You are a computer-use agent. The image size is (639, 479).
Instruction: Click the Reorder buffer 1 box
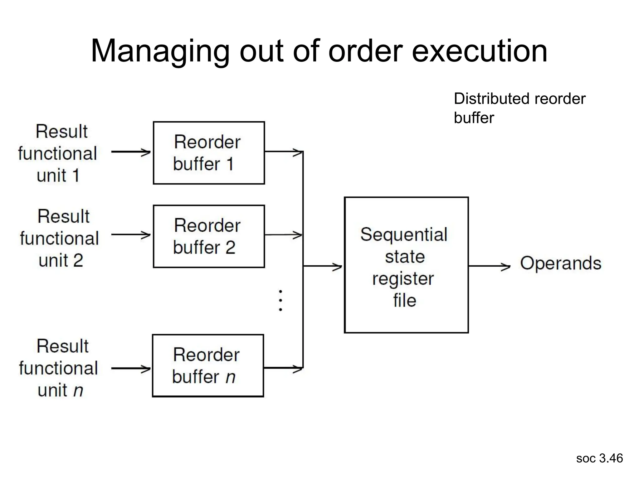click(209, 153)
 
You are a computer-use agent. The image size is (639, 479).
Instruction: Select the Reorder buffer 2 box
click(209, 236)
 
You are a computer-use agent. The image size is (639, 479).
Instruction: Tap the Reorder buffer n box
click(208, 365)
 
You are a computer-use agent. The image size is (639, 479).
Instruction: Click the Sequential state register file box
click(406, 265)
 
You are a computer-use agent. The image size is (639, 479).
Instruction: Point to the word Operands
click(560, 263)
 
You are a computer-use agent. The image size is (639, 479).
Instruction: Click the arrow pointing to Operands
click(489, 266)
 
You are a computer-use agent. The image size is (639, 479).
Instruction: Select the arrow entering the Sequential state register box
click(323, 266)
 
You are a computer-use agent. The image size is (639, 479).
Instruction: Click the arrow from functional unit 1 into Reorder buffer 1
click(131, 152)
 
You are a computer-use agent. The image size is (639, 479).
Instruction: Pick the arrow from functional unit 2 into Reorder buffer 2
click(131, 235)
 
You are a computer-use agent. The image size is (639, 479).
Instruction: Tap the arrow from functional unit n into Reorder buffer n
click(131, 368)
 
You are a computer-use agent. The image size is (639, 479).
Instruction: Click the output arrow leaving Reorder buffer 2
click(283, 235)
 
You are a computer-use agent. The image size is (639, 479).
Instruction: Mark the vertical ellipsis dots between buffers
click(280, 300)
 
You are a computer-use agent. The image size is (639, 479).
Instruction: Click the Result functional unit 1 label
click(58, 153)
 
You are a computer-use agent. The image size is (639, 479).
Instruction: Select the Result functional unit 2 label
click(59, 238)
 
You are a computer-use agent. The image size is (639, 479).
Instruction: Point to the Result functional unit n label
click(58, 368)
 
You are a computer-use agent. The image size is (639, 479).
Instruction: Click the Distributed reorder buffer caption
click(519, 108)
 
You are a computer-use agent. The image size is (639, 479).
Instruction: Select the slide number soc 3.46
click(599, 458)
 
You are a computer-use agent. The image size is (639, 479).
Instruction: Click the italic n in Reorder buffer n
click(230, 377)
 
